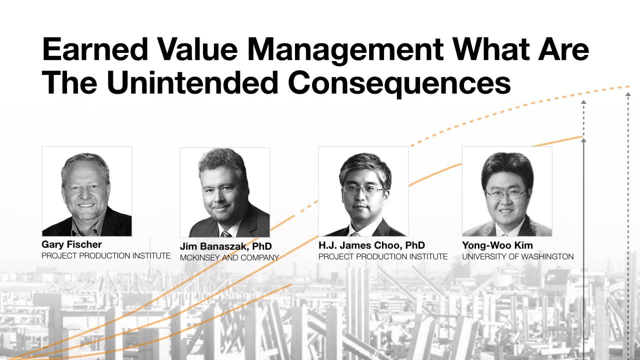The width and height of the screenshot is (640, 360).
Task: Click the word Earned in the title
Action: click(95, 49)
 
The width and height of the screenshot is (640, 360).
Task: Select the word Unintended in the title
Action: click(192, 82)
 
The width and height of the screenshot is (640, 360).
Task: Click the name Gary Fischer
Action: click(71, 244)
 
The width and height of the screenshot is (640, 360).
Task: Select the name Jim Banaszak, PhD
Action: click(225, 246)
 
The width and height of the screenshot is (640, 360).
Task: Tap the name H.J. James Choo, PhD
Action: click(371, 245)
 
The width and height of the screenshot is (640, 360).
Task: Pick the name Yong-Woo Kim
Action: click(497, 245)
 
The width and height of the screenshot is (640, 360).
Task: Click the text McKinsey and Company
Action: click(229, 257)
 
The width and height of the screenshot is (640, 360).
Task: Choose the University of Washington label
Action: click(517, 256)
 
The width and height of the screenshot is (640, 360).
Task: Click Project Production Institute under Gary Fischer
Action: click(106, 255)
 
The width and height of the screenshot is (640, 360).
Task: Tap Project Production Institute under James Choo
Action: click(383, 256)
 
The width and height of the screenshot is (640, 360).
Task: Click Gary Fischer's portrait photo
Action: click(87, 191)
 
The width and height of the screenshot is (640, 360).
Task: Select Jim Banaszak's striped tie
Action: click(226, 234)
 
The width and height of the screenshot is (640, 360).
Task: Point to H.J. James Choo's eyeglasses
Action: click(363, 189)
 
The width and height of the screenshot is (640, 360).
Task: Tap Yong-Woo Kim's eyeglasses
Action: click(505, 194)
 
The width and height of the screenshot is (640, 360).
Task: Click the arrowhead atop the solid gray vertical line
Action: click(583, 140)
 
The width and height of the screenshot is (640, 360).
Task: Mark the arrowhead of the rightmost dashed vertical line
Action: click(628, 94)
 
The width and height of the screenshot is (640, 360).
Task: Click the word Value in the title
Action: click(197, 49)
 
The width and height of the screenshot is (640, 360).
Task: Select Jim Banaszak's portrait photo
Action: click(225, 192)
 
